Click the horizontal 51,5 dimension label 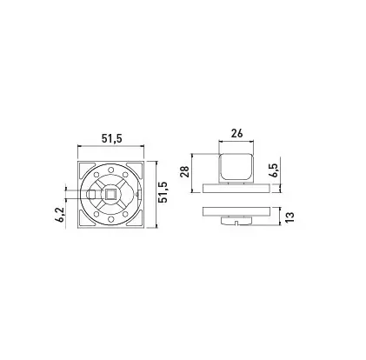[x=111, y=139]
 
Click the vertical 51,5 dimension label [x=163, y=192]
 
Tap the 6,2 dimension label [x=61, y=215]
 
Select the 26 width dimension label [x=236, y=134]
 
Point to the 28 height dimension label [x=185, y=171]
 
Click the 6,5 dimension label [x=273, y=170]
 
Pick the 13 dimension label [x=289, y=217]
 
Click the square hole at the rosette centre [x=110, y=194]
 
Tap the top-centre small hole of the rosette [x=110, y=170]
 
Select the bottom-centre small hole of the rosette [x=110, y=219]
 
